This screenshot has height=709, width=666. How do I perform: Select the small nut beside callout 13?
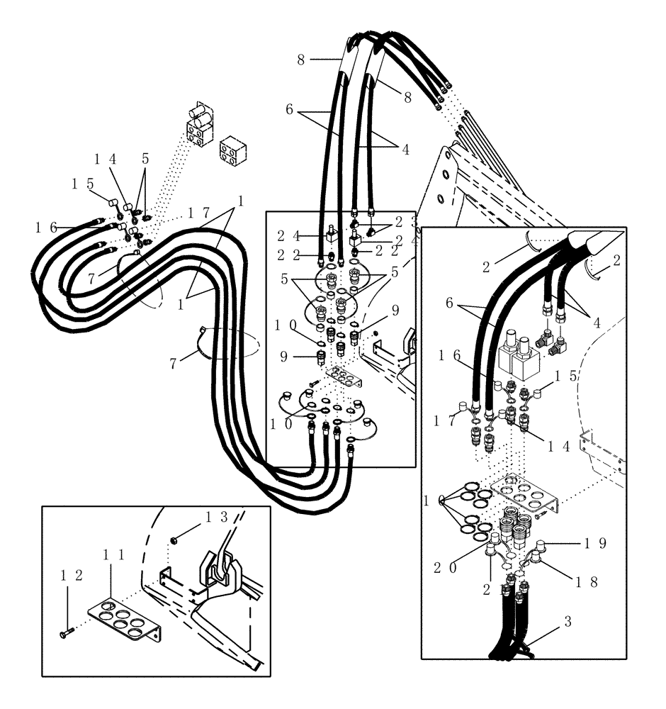[x=174, y=542]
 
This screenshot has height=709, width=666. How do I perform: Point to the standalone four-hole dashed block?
[x=233, y=150]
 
